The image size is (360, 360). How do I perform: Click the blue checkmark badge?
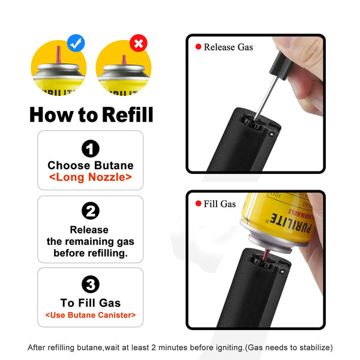(x=76, y=43)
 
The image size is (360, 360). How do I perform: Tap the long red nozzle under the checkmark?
(x=59, y=53)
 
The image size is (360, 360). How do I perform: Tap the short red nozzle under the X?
(x=123, y=61)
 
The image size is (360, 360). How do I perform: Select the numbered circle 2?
(x=90, y=211)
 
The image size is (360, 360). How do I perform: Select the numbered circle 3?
(x=90, y=284)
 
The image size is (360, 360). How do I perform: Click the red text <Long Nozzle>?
(x=90, y=178)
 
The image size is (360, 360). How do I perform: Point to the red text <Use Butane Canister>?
(x=91, y=315)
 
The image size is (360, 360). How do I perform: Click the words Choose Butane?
(x=91, y=165)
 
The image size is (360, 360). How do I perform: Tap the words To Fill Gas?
(x=91, y=303)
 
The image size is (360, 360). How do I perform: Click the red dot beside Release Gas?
(x=197, y=47)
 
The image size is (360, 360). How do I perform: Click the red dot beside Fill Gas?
(x=197, y=204)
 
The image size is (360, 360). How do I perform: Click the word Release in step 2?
(x=89, y=229)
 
